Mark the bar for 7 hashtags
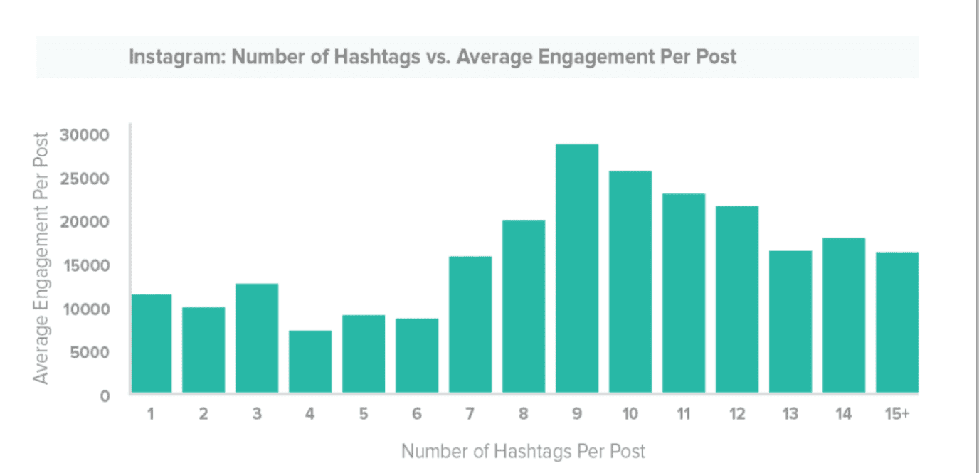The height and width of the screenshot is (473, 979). tap(470, 324)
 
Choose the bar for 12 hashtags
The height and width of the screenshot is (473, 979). tap(737, 299)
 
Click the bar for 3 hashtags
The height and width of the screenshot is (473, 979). tap(257, 338)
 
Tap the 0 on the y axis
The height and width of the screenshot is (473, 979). tap(105, 395)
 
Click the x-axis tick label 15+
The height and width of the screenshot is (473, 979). tap(897, 414)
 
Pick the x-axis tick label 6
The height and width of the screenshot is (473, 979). tap(417, 414)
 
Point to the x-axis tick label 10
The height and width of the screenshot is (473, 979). tap(630, 414)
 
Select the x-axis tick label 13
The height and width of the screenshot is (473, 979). tap(790, 414)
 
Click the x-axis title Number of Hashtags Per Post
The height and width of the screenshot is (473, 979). tap(524, 451)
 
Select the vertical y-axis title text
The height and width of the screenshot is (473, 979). tap(42, 257)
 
